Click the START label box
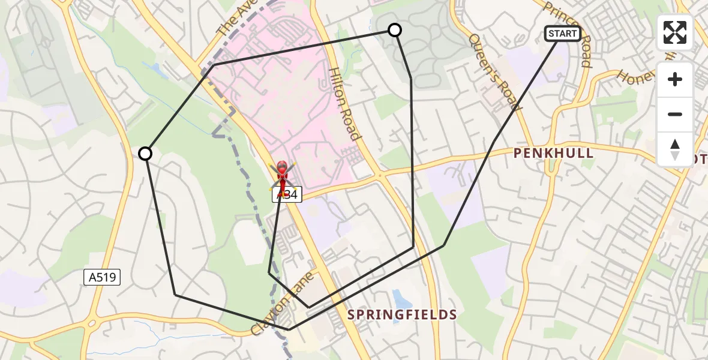(x=562, y=34)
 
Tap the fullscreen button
(x=675, y=32)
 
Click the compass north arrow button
(x=675, y=149)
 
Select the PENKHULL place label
(x=553, y=153)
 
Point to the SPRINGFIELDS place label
(x=402, y=314)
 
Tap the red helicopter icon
(x=281, y=175)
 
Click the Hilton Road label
(x=344, y=103)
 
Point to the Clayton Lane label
(x=276, y=310)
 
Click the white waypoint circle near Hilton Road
(x=395, y=29)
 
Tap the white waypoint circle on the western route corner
(x=145, y=154)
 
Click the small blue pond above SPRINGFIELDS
(x=399, y=298)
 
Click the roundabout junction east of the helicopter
(x=379, y=175)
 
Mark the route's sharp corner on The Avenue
(x=214, y=64)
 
